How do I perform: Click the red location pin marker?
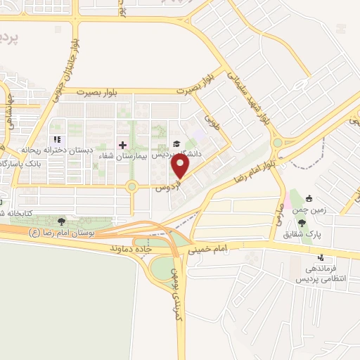click(x=181, y=166)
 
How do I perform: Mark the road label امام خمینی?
click(x=209, y=248)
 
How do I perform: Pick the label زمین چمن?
click(x=303, y=205)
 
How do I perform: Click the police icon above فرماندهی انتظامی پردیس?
click(x=321, y=257)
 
